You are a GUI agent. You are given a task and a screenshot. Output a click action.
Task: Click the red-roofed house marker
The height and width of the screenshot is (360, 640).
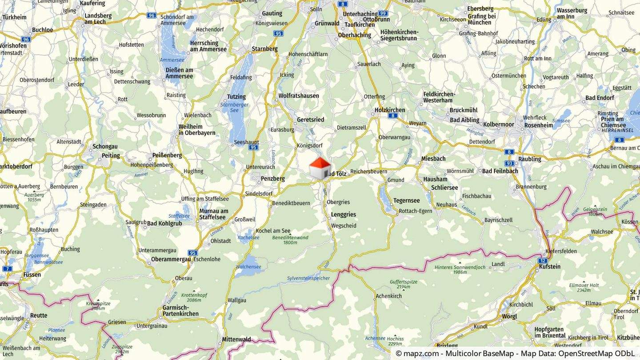tap(320, 168)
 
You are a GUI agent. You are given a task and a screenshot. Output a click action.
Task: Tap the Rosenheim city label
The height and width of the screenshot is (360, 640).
tap(538, 125)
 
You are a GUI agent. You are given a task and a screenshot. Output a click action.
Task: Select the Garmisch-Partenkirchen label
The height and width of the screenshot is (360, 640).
tap(181, 311)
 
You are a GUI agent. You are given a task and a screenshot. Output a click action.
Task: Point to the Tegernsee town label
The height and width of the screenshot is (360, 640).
tap(406, 200)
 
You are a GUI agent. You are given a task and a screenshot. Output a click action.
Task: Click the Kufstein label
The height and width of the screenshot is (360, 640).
tap(549, 267)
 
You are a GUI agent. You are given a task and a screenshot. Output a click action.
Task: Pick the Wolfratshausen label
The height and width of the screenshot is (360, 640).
tap(299, 96)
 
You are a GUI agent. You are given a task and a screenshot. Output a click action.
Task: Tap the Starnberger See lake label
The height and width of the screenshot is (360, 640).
tap(234, 107)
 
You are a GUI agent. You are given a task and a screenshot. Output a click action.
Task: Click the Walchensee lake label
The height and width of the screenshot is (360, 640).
tap(248, 267)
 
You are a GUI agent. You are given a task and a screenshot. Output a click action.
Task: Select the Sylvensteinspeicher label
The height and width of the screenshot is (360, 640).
tap(308, 278)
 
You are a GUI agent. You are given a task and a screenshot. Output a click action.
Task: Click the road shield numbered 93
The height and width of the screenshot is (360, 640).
tap(509, 163)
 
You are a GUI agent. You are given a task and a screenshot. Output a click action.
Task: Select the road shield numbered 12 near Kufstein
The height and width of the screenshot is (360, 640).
tap(543, 260)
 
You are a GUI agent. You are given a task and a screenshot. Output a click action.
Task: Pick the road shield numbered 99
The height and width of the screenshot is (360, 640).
tap(383, 14)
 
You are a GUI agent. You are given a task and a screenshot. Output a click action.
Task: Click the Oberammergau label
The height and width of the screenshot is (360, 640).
tap(171, 259)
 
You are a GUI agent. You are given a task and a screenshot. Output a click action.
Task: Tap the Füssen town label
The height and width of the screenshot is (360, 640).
tap(32, 275)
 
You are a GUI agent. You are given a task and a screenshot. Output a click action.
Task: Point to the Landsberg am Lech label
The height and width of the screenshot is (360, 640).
tap(98, 18)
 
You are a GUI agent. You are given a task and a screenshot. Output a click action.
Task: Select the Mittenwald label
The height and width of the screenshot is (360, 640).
tap(236, 340)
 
